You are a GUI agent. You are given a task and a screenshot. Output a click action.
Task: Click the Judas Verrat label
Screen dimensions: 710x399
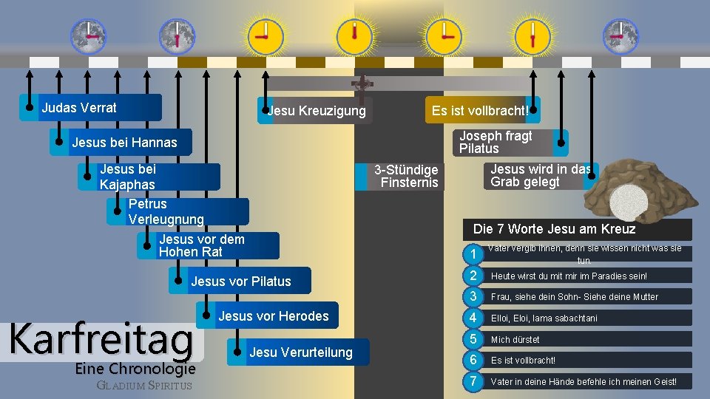(79, 108)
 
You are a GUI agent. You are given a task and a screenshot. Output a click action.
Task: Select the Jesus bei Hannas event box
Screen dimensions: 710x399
(124, 142)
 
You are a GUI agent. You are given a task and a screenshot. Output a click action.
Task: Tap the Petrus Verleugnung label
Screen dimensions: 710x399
(166, 211)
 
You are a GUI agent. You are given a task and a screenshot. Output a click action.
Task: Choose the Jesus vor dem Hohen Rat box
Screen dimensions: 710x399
(201, 245)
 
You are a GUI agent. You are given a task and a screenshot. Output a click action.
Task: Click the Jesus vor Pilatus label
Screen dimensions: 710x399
(241, 281)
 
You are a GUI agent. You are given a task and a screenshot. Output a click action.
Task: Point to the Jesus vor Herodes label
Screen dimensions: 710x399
(274, 316)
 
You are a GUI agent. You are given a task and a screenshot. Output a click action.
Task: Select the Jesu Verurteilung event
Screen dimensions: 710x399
(301, 352)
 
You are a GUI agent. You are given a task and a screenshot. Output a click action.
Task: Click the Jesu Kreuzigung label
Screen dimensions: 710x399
(317, 111)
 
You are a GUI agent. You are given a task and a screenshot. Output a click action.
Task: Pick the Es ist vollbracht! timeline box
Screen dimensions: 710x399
(479, 111)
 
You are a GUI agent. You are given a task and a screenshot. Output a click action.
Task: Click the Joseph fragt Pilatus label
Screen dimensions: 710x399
(496, 142)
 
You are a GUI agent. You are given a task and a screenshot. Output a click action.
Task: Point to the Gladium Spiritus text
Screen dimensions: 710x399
(144, 385)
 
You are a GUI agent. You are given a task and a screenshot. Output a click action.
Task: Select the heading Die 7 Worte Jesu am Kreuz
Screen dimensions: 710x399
(554, 229)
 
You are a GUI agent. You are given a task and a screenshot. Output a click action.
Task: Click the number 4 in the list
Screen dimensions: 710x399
(472, 318)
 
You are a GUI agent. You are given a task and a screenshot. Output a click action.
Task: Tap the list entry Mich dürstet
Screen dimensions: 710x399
(515, 339)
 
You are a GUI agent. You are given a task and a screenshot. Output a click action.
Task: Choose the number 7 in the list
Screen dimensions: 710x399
(472, 381)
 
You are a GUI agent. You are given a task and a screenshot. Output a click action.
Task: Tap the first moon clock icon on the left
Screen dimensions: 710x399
(88, 35)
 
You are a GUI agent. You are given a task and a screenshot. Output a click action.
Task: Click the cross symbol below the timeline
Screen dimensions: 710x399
(362, 83)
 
